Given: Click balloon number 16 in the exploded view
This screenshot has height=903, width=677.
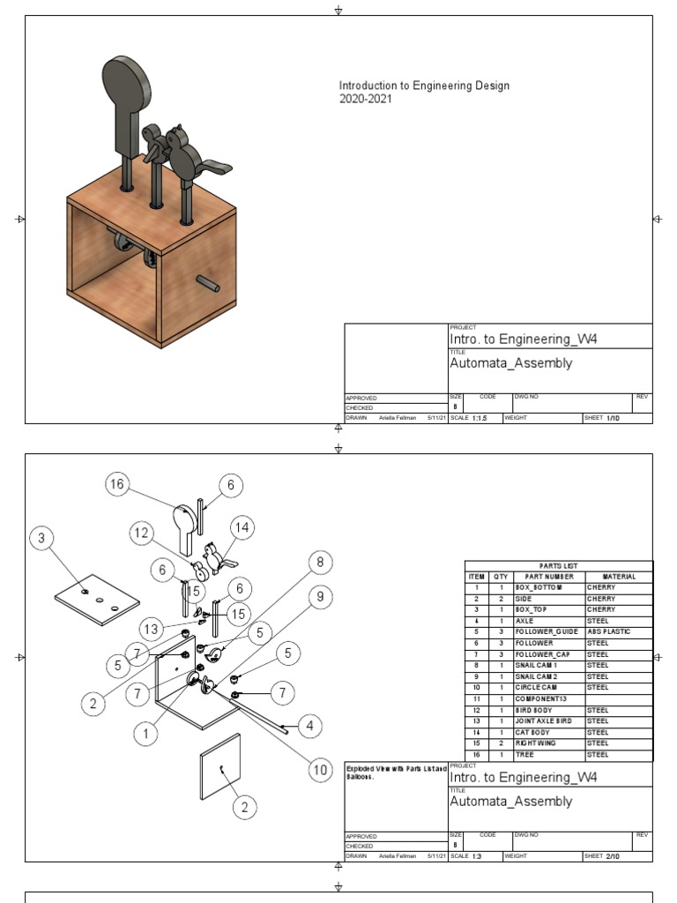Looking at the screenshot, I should click(x=118, y=483).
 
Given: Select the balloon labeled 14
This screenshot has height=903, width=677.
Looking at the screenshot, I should click(x=242, y=527).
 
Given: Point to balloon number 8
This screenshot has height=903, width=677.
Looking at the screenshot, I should click(x=320, y=562).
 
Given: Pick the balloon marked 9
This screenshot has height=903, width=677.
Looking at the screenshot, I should click(x=320, y=597).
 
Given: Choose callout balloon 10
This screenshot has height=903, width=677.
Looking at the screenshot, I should click(x=319, y=769).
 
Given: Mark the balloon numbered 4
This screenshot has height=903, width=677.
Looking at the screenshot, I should click(x=309, y=727).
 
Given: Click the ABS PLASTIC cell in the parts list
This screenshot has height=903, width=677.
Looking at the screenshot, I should click(x=608, y=631).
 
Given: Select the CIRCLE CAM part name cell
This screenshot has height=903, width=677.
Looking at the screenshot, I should click(x=539, y=687).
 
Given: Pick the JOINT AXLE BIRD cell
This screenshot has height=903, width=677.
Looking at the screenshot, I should click(x=543, y=720).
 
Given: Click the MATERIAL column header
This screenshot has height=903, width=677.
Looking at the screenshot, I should click(x=619, y=576).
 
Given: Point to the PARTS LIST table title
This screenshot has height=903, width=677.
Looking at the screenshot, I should click(x=559, y=565).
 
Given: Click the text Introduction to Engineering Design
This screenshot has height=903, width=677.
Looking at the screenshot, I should click(x=424, y=86).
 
